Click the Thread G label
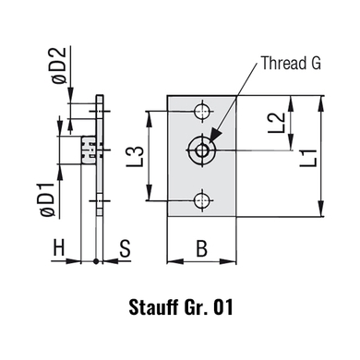tap(291, 63)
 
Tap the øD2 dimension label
tap(59, 66)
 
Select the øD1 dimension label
tap(48, 200)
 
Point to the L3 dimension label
tap(136, 156)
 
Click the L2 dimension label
tap(277, 123)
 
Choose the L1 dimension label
tap(309, 158)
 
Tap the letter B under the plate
tap(201, 248)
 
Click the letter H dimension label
tap(59, 247)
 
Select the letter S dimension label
tap(125, 248)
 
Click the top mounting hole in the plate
tap(202, 111)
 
